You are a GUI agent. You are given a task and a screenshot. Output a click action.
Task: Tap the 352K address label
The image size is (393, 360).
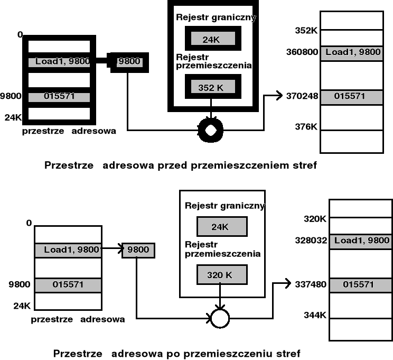(x=305, y=31)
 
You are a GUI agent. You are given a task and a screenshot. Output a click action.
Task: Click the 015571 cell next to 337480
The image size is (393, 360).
(x=359, y=284)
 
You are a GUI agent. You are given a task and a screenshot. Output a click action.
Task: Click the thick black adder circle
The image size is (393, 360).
(x=211, y=129)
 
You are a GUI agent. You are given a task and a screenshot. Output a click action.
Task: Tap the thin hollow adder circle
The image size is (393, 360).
(x=220, y=318)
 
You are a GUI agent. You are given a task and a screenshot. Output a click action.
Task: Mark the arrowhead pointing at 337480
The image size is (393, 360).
(x=288, y=283)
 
